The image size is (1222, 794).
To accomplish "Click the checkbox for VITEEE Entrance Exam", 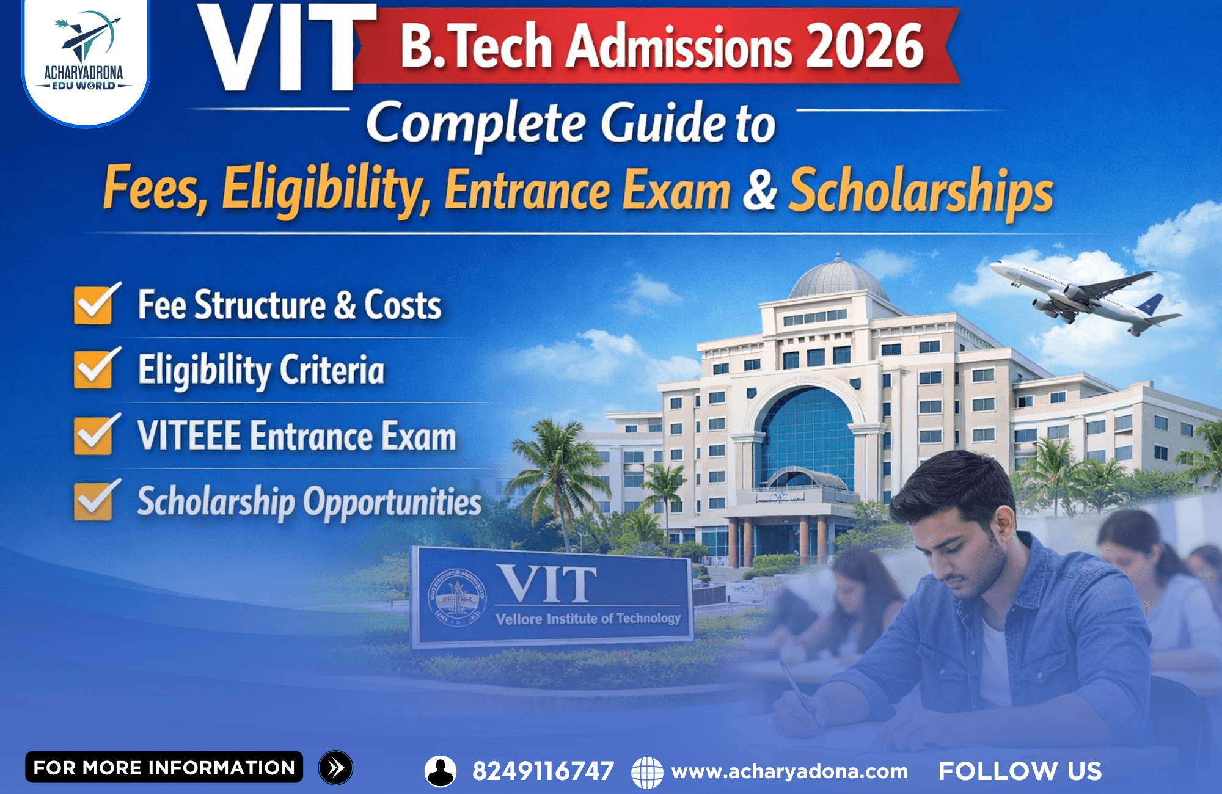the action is click(x=95, y=435).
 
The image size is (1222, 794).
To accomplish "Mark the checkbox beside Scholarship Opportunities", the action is click(x=95, y=500).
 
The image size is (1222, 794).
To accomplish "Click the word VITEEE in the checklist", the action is click(x=189, y=435).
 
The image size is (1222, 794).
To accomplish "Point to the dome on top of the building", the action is click(x=838, y=278).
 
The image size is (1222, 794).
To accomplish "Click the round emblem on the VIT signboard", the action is click(x=458, y=596).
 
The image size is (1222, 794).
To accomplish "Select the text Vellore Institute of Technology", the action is click(x=588, y=619).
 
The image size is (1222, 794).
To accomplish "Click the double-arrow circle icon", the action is click(x=335, y=768).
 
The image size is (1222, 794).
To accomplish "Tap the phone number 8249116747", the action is click(x=543, y=771).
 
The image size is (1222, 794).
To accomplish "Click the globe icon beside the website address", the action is click(x=647, y=771).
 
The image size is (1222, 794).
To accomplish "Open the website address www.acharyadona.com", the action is click(x=789, y=771).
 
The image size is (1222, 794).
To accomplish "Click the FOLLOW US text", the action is click(x=1020, y=771).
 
